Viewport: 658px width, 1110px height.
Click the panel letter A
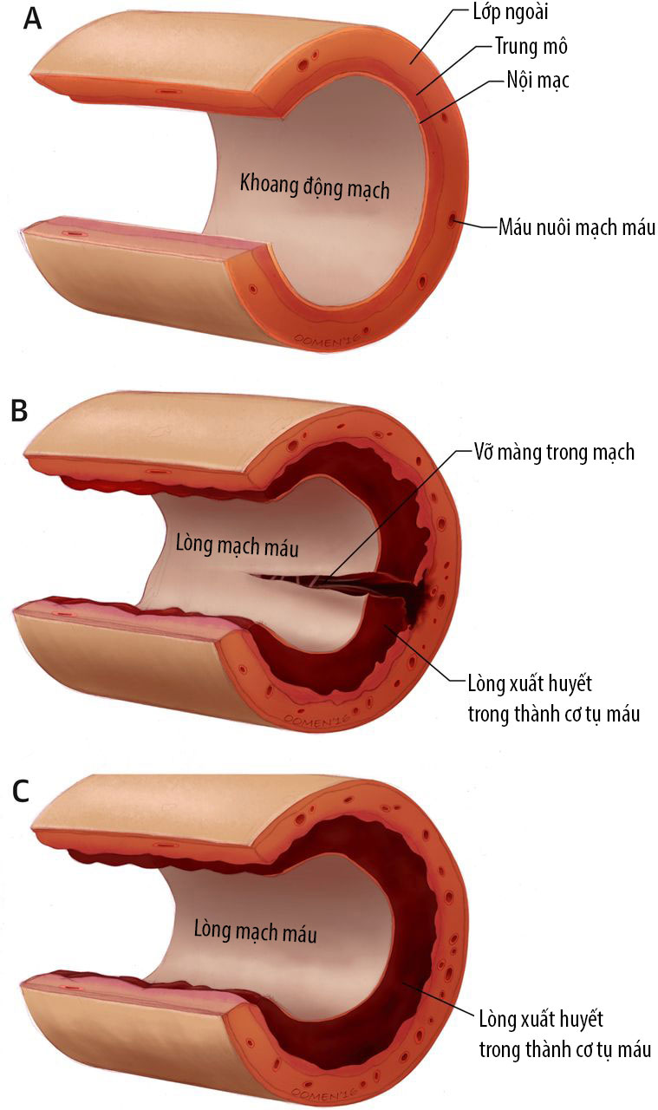tap(31, 19)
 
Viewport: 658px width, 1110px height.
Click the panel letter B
tap(19, 409)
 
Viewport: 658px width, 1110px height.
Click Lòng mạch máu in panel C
tap(255, 934)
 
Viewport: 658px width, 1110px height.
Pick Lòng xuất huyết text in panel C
tap(541, 1015)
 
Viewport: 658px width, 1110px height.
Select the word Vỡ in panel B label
tap(485, 452)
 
